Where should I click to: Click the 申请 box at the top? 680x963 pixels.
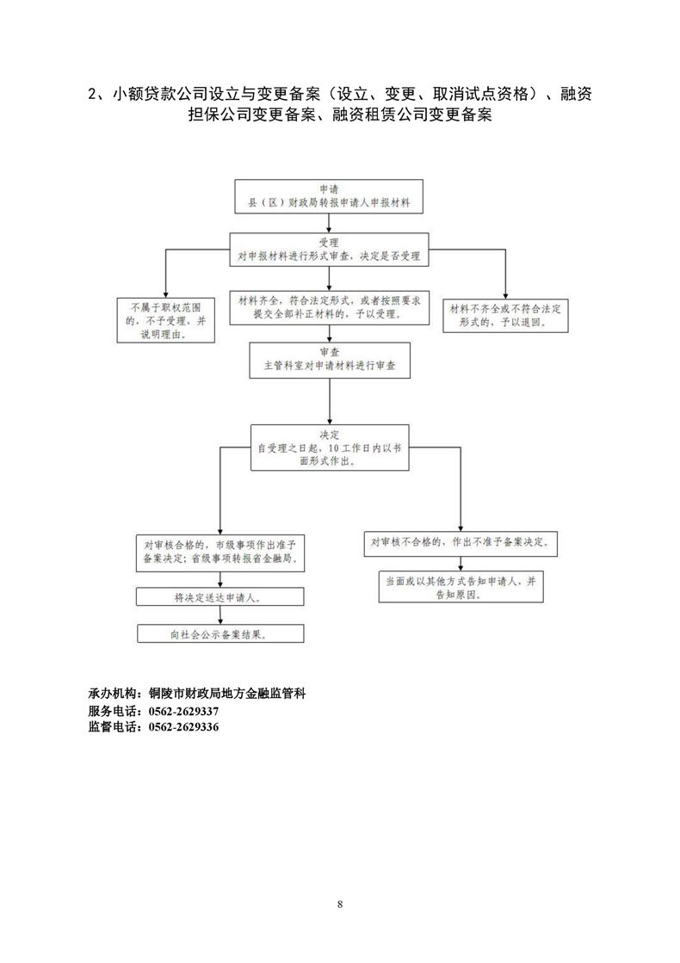click(x=329, y=196)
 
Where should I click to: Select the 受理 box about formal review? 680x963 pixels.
click(x=329, y=250)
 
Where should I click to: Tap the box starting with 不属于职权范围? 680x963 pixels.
click(x=166, y=320)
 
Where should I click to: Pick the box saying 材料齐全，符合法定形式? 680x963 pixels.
click(x=330, y=307)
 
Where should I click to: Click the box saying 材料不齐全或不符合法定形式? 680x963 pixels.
click(x=505, y=315)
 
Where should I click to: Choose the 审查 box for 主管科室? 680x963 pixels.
click(x=330, y=360)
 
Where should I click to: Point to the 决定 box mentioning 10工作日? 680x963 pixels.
click(x=330, y=448)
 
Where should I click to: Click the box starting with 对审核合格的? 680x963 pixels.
click(x=219, y=552)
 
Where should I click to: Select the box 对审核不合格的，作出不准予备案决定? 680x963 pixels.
click(x=461, y=544)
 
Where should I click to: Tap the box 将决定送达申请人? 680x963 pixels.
click(x=219, y=597)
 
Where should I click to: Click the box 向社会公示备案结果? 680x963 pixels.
click(x=219, y=633)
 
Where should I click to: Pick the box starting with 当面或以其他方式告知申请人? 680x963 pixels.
click(x=461, y=587)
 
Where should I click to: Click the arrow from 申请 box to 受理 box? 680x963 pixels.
click(x=330, y=223)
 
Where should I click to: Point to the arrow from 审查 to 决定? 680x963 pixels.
click(x=330, y=401)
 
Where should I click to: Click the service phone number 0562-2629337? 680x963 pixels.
click(x=183, y=711)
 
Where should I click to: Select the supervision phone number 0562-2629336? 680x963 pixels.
click(x=183, y=727)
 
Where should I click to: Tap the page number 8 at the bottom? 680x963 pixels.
click(x=340, y=904)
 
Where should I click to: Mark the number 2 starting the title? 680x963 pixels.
click(x=93, y=94)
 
